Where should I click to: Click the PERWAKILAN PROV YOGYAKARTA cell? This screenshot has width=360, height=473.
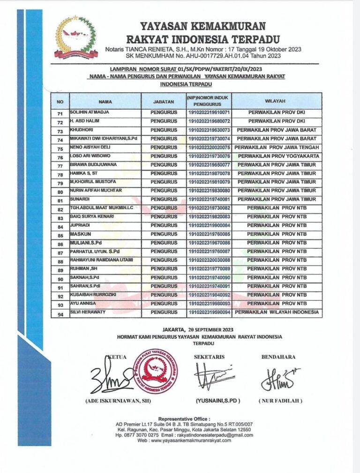coord(277,156)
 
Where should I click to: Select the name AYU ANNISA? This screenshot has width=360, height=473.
coord(83,303)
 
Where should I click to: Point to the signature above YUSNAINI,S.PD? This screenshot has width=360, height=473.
coord(215,377)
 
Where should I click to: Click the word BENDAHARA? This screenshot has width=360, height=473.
coord(278,357)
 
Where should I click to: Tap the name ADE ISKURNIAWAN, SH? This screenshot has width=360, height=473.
coord(113,402)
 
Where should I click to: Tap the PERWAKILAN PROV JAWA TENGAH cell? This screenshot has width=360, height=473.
coord(277,148)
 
